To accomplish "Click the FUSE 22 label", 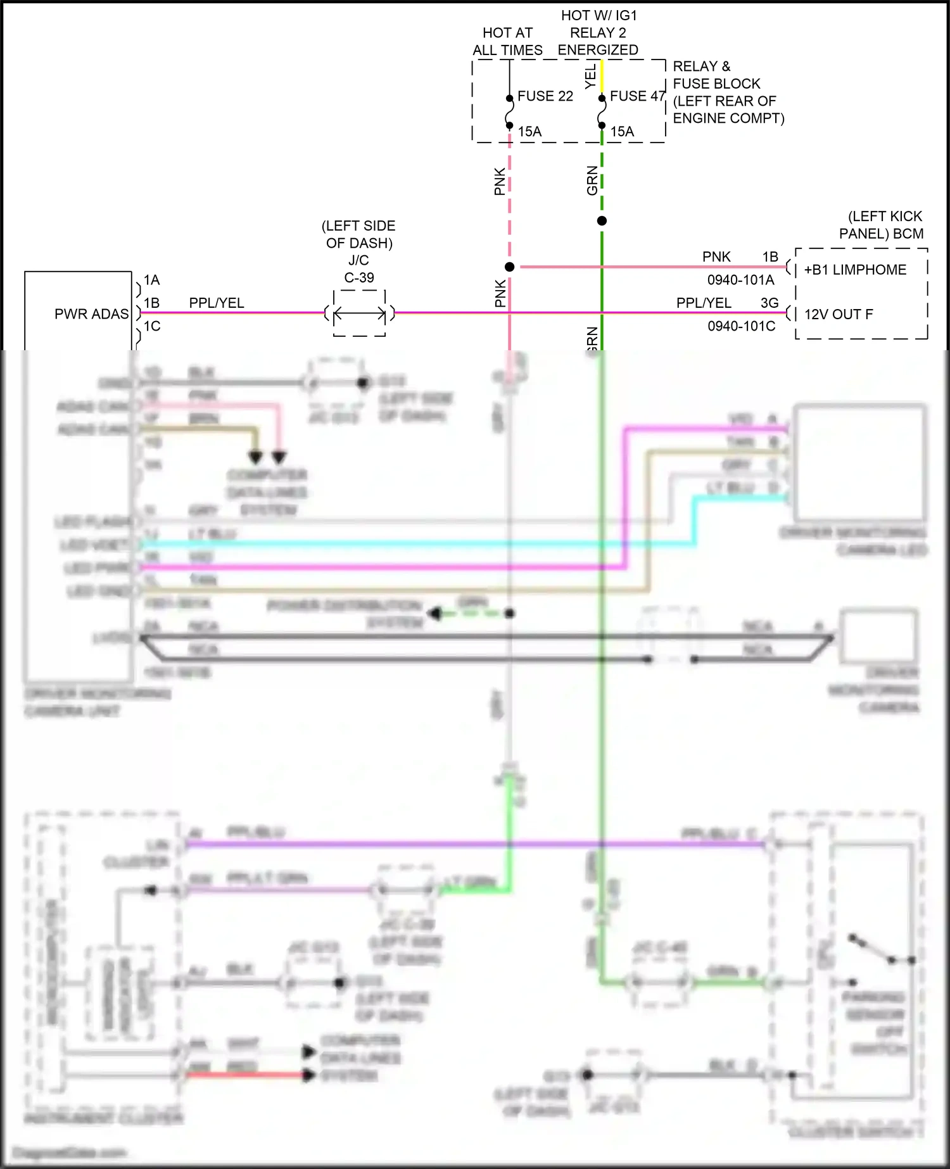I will (x=545, y=96).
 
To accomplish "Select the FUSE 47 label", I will (x=637, y=96).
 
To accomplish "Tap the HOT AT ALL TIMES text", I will (x=507, y=41).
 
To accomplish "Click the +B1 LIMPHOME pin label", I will (x=855, y=270).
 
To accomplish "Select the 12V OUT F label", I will (x=838, y=314).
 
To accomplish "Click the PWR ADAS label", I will (x=91, y=314).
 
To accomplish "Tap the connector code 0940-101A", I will (x=740, y=280).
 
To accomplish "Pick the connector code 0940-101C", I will (x=741, y=326).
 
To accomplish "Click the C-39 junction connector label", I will (x=359, y=277).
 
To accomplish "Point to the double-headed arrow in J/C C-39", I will (x=359, y=313).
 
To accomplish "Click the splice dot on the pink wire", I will (x=510, y=267).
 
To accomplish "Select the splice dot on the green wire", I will (x=602, y=221).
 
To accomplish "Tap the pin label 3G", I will (x=769, y=303).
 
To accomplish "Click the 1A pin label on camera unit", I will (x=152, y=280).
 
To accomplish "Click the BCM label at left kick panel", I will (x=908, y=234).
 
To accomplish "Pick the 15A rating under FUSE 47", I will (x=622, y=132).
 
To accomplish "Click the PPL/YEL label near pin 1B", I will (x=217, y=303).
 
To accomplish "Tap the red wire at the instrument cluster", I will (x=247, y=1075).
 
